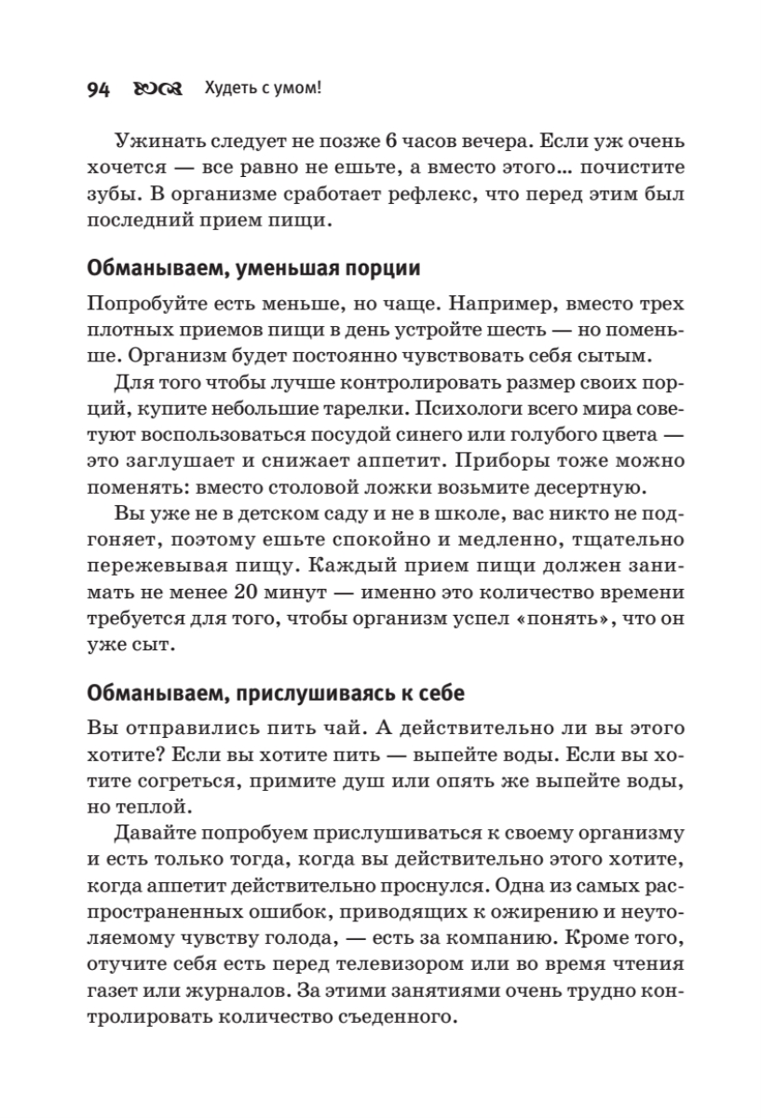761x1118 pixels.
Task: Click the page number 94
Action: pos(98,89)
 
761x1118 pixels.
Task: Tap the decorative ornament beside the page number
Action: pos(154,89)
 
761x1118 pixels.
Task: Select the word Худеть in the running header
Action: pos(231,89)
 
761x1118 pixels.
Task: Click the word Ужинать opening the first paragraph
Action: pos(158,143)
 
